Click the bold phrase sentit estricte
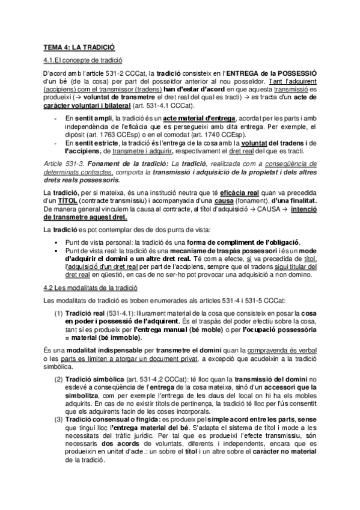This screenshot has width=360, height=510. [x=98, y=144]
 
